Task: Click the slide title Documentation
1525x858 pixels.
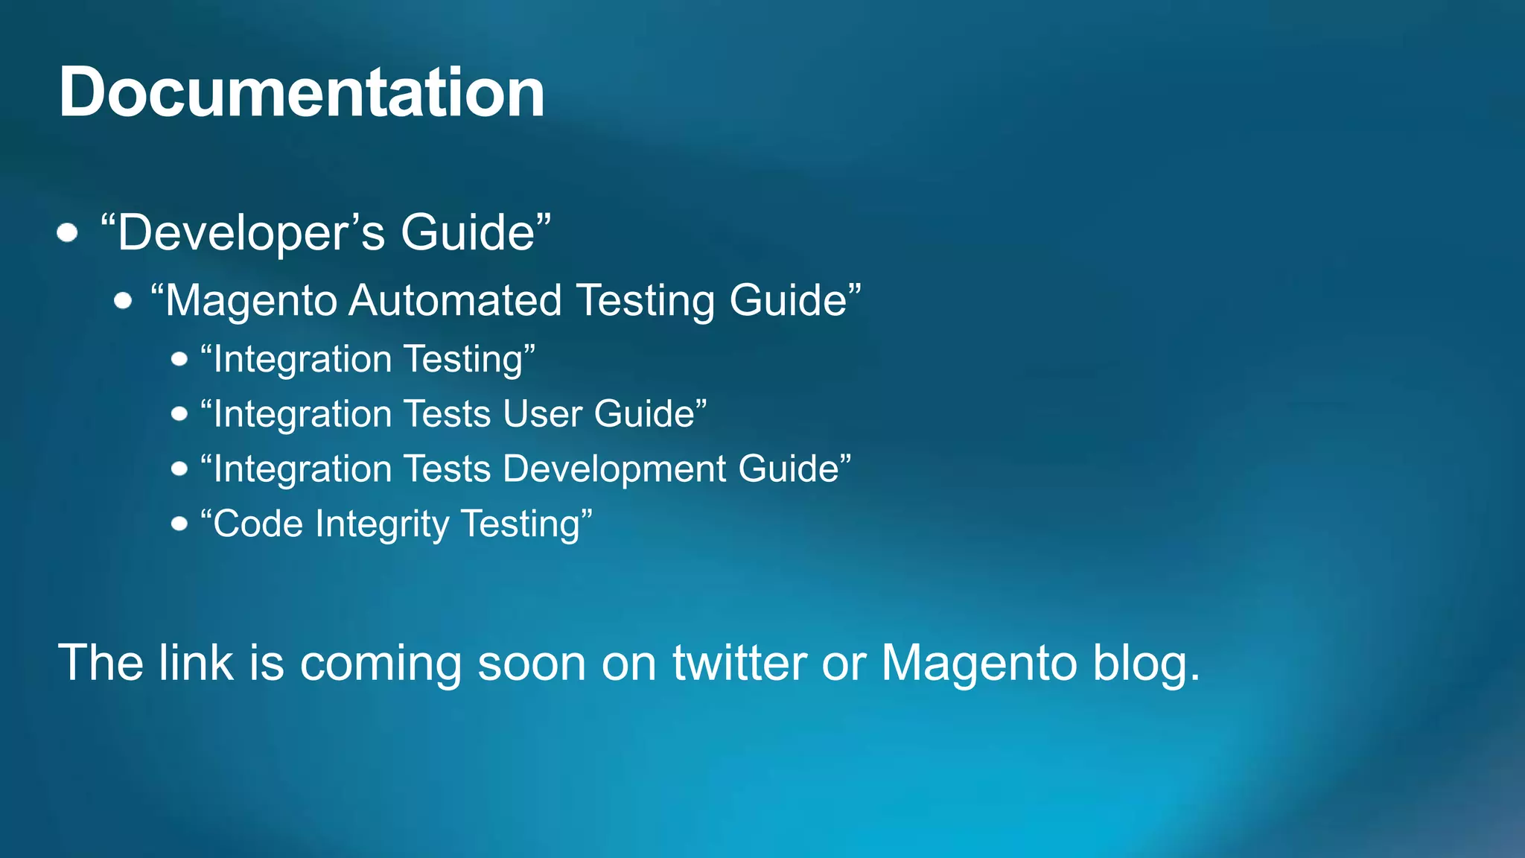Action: click(x=302, y=92)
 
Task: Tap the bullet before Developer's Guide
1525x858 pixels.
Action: click(x=68, y=233)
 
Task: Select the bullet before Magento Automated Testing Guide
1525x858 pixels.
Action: click(x=124, y=301)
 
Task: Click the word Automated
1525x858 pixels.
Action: click(x=455, y=301)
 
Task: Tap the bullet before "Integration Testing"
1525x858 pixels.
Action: click(x=179, y=360)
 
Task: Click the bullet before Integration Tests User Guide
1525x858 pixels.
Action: click(x=179, y=414)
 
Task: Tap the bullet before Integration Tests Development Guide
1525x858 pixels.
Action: click(x=179, y=469)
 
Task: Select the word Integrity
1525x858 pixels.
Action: click(x=381, y=524)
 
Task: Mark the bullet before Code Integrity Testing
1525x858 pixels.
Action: click(x=179, y=524)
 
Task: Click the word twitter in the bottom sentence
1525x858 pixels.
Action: click(x=739, y=662)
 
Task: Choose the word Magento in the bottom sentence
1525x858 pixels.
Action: click(x=979, y=662)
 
